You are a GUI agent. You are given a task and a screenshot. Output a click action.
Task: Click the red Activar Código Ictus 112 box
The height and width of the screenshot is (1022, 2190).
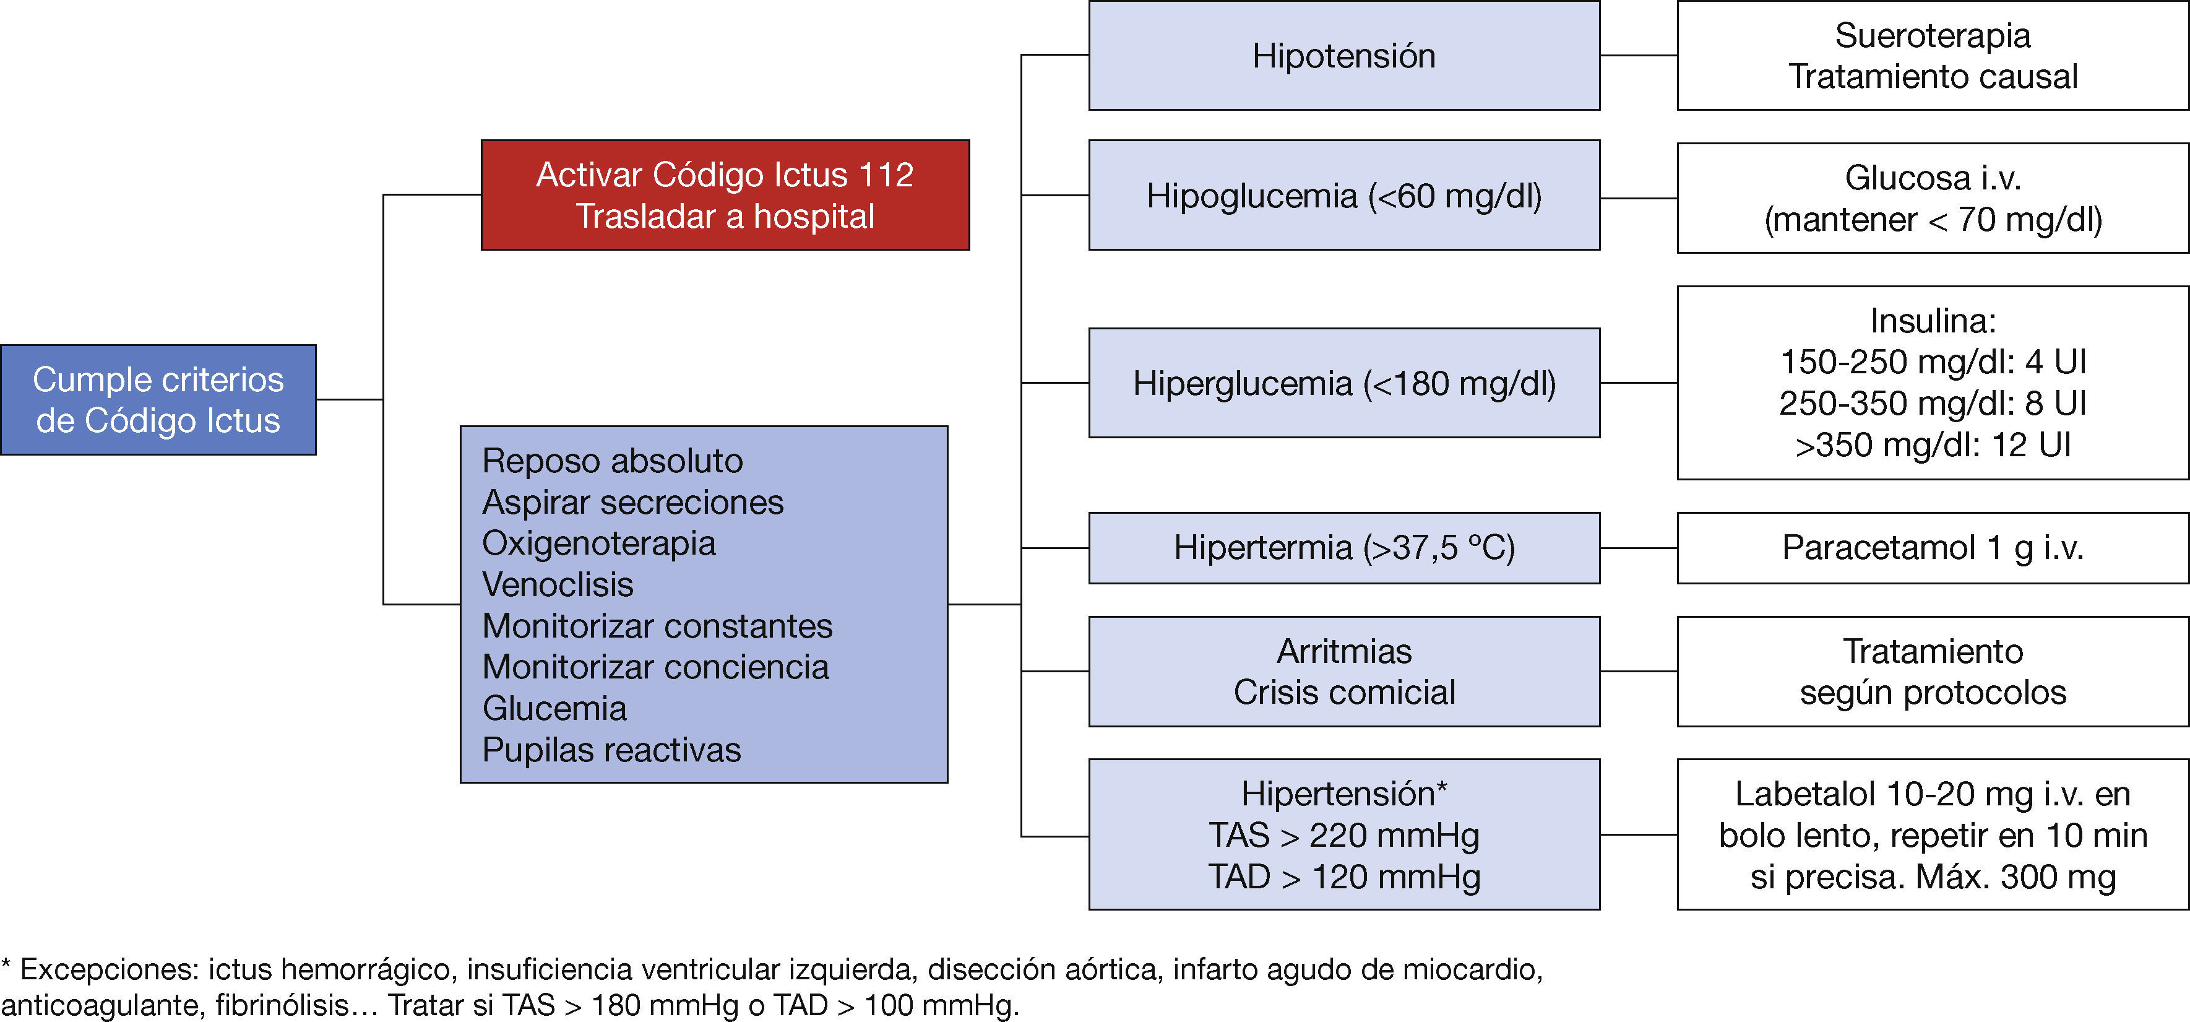click(725, 195)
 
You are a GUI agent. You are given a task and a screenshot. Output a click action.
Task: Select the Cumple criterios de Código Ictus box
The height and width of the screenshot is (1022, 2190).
click(158, 400)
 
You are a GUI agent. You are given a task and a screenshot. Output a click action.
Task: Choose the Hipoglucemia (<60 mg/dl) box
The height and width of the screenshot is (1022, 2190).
click(1343, 196)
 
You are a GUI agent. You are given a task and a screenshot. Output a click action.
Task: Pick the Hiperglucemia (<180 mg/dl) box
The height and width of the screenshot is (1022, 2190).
click(1343, 383)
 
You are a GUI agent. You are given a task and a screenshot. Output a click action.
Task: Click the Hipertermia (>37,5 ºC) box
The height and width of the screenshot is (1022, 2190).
click(1343, 548)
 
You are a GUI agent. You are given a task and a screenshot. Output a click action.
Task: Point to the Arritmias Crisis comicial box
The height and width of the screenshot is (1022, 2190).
click(1343, 672)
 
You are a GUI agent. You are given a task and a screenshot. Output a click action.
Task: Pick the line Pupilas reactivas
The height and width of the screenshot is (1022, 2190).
click(611, 750)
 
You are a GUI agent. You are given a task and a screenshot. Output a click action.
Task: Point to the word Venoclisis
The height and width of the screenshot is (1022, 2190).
click(558, 585)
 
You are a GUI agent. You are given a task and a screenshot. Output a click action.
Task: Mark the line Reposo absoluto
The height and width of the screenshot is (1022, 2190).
click(612, 461)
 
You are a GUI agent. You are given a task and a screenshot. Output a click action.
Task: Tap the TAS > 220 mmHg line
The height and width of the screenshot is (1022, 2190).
click(1343, 835)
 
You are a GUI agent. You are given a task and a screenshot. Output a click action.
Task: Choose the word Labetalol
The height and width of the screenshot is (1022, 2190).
click(1804, 794)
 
